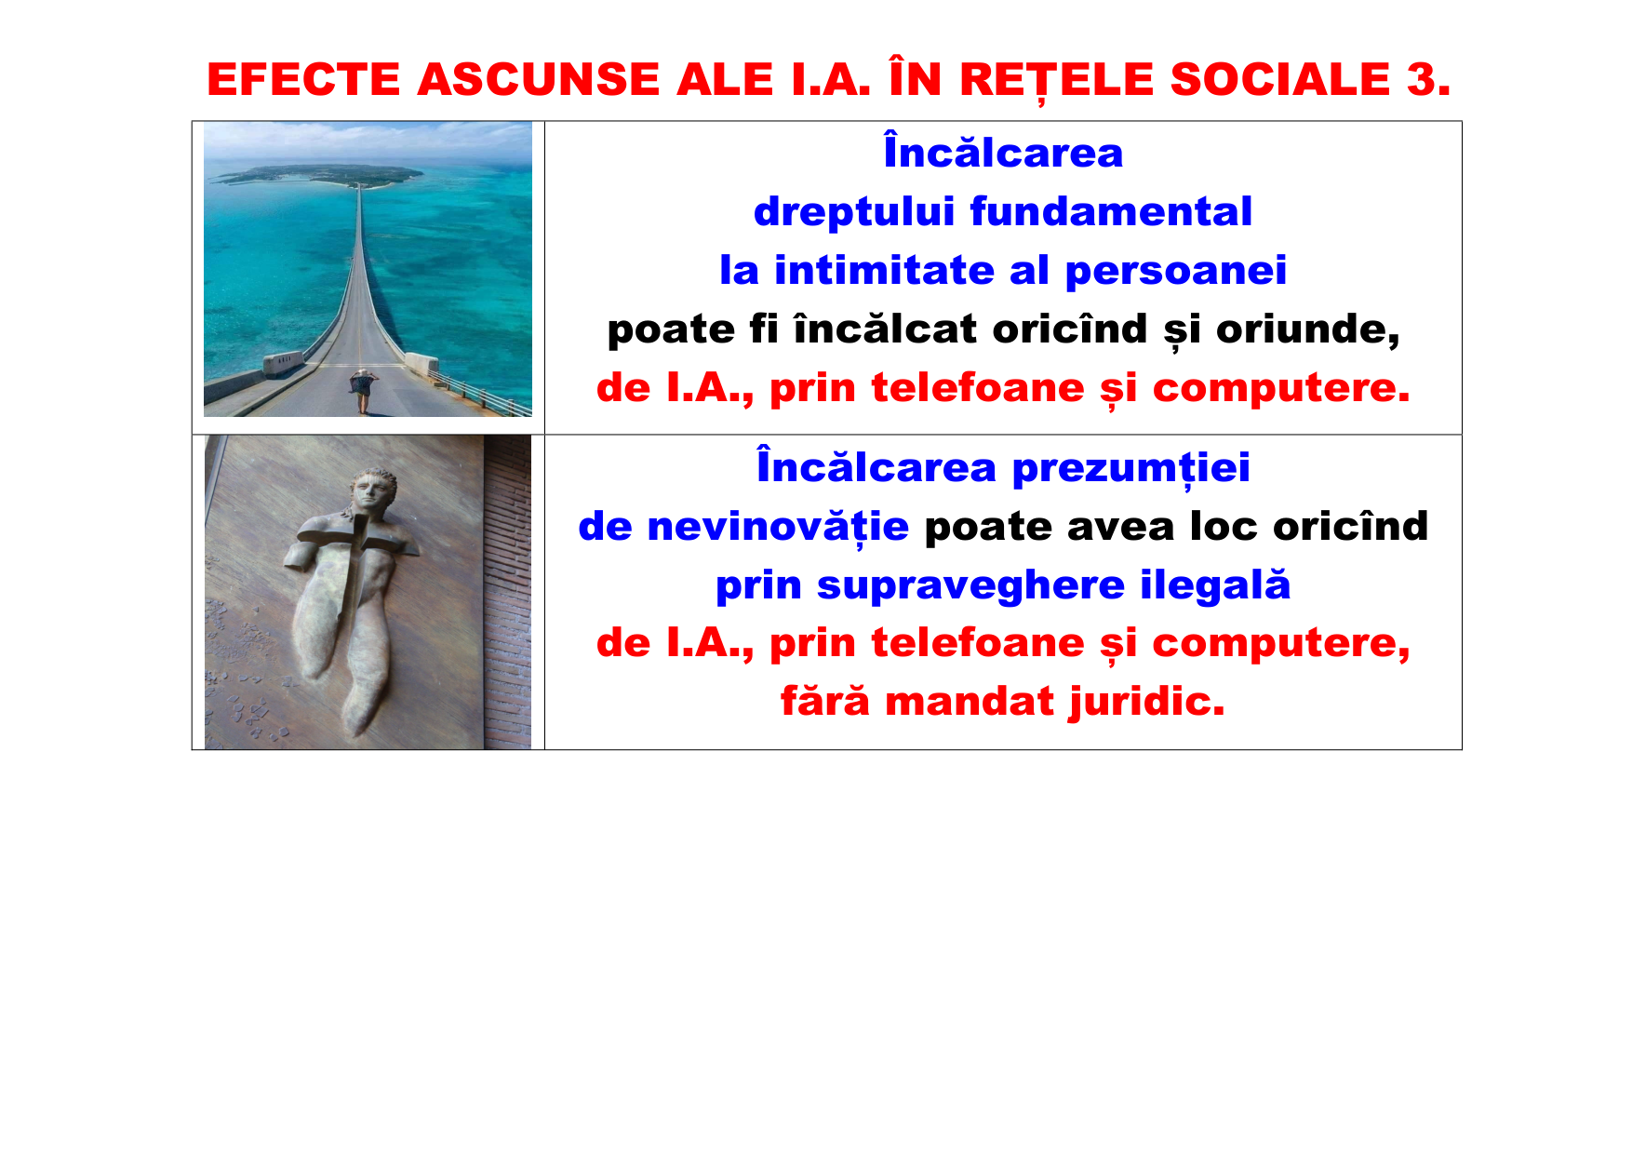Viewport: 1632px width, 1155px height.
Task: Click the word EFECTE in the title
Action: pyautogui.click(x=303, y=79)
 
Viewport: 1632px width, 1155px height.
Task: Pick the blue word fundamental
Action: pyautogui.click(x=1111, y=212)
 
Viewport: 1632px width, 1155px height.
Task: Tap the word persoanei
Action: pyautogui.click(x=1175, y=271)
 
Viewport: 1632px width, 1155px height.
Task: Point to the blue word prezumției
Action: pyautogui.click(x=1130, y=467)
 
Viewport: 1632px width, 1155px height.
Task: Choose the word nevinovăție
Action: pyautogui.click(x=778, y=527)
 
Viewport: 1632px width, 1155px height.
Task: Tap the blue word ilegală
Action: pyautogui.click(x=1215, y=585)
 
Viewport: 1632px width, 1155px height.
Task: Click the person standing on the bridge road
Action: pyautogui.click(x=362, y=389)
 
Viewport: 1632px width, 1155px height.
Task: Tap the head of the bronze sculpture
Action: pyautogui.click(x=371, y=490)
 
